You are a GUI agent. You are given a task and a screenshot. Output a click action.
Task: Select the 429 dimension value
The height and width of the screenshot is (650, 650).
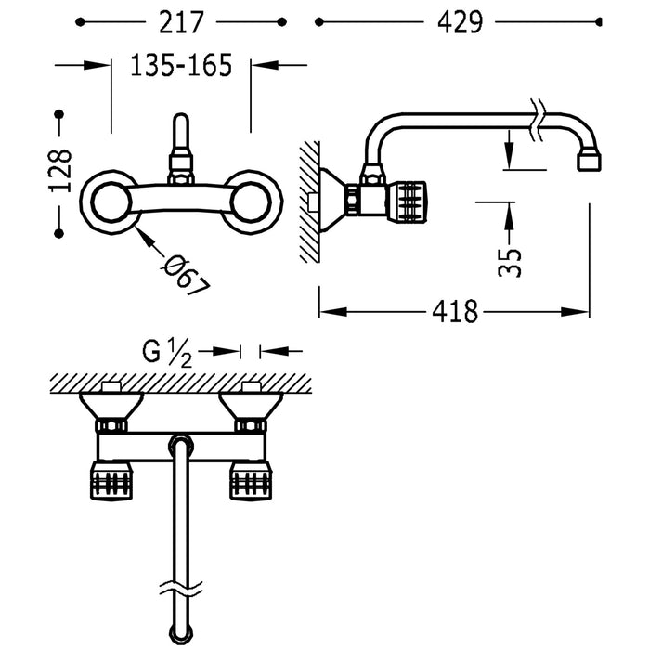click(455, 21)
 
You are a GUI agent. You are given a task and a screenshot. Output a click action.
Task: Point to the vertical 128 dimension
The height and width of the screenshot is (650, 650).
click(59, 169)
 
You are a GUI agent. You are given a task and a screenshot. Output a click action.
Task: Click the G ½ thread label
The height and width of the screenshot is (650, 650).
click(167, 352)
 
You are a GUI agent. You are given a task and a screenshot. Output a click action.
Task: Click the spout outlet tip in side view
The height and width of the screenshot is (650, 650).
click(587, 162)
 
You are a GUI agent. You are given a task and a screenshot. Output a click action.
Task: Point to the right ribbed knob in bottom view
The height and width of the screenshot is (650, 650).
click(250, 480)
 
